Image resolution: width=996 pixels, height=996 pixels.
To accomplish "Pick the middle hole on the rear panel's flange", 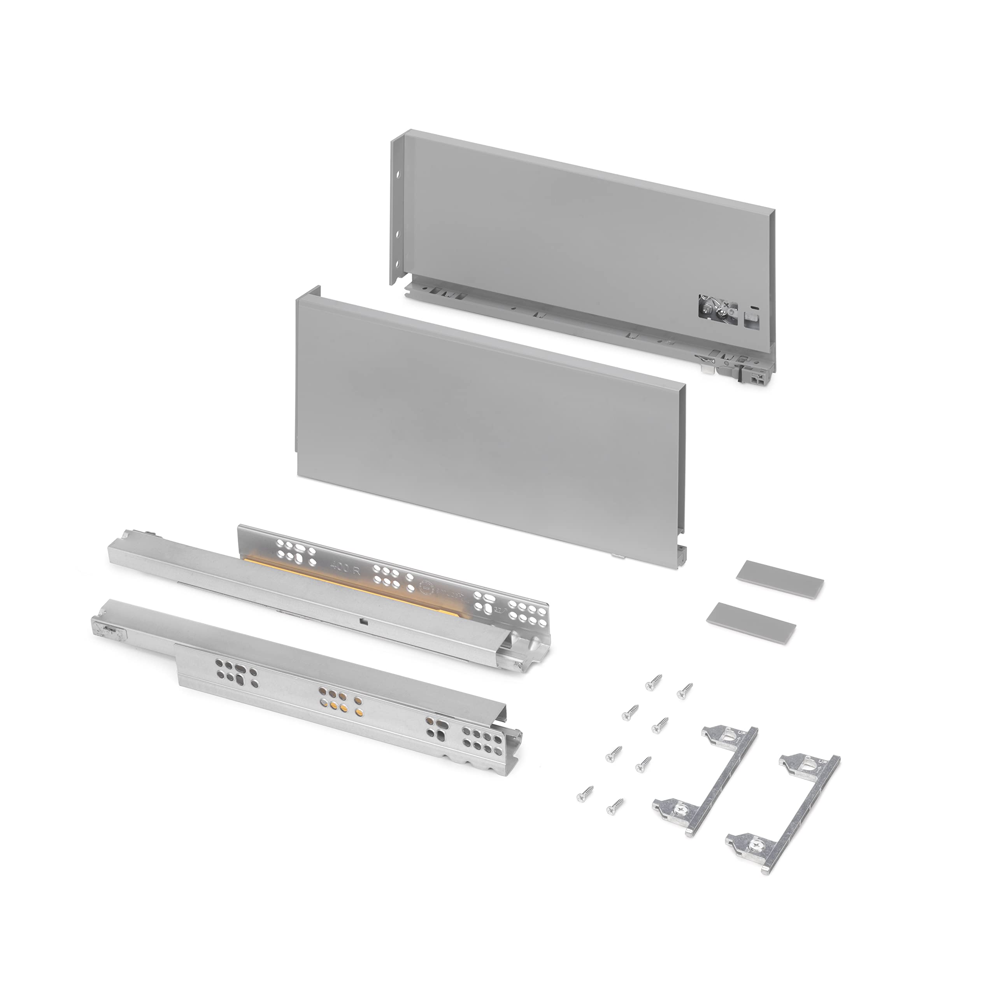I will pyautogui.click(x=398, y=234).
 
